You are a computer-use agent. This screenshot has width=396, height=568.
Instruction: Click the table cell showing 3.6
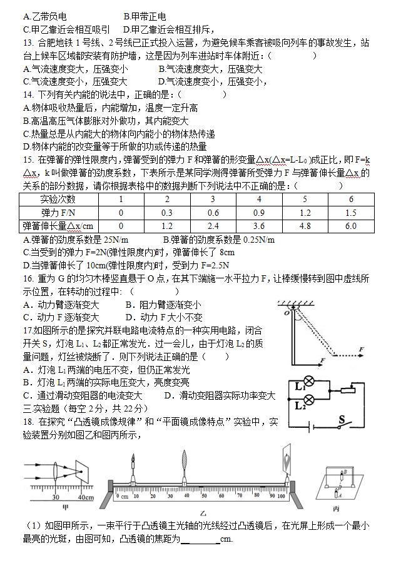click(x=259, y=226)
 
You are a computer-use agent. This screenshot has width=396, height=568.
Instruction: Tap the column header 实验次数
click(x=58, y=200)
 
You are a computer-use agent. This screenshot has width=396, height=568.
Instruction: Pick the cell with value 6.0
click(x=350, y=226)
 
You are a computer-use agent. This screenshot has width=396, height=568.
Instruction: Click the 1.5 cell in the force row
click(x=350, y=213)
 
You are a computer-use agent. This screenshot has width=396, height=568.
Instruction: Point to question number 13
click(x=28, y=43)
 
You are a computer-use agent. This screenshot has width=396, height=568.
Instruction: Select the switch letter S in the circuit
click(x=342, y=418)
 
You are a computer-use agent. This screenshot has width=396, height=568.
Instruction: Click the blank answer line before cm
click(x=200, y=539)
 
